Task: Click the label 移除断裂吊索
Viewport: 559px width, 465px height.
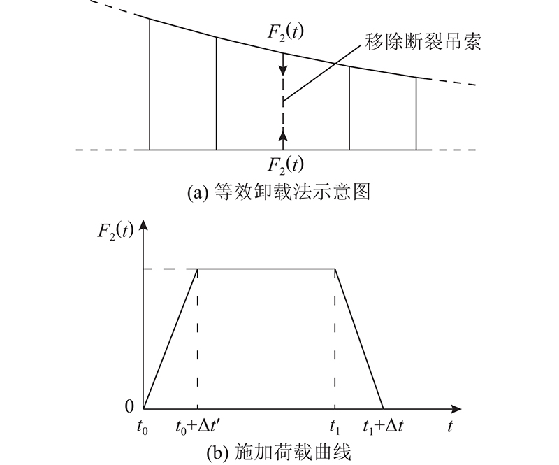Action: tap(423, 42)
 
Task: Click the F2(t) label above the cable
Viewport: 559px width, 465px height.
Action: tap(286, 33)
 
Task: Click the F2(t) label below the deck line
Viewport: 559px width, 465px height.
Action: tap(286, 165)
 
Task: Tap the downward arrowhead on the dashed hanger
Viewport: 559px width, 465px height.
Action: tap(283, 70)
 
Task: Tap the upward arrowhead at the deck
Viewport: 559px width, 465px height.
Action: tap(283, 135)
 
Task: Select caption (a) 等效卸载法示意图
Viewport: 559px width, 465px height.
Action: tap(279, 193)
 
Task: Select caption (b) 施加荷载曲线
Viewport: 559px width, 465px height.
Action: tap(279, 452)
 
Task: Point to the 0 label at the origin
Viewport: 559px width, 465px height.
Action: tap(129, 406)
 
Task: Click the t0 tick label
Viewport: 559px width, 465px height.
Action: tap(143, 427)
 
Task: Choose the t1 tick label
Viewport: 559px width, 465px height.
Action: tap(335, 427)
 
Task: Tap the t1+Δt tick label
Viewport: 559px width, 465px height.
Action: tap(383, 427)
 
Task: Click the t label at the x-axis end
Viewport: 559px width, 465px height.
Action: tap(450, 427)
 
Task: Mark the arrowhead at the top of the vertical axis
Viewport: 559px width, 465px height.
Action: tap(143, 226)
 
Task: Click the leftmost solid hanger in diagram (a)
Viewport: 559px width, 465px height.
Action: tap(150, 84)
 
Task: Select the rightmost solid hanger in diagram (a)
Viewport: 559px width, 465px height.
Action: tap(416, 113)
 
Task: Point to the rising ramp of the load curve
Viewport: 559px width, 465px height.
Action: tap(170, 338)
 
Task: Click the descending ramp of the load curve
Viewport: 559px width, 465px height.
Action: tap(359, 338)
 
